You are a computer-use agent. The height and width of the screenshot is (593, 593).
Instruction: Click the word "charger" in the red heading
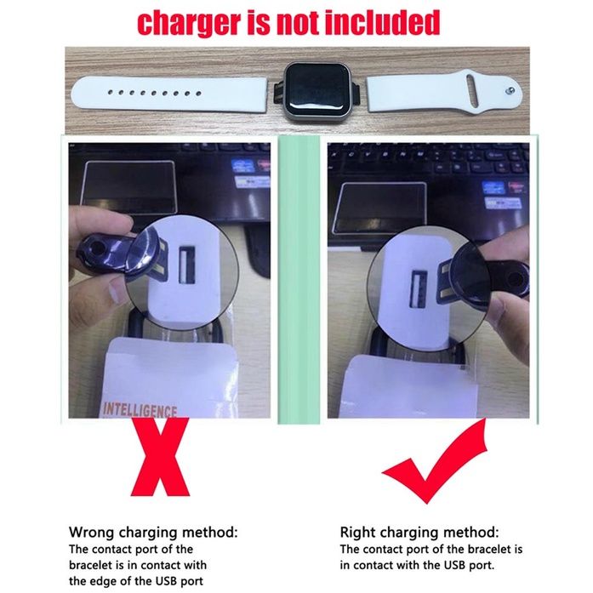[188, 23]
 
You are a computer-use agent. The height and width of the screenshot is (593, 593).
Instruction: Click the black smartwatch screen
[317, 91]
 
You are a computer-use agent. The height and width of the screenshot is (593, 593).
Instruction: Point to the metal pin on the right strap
[511, 90]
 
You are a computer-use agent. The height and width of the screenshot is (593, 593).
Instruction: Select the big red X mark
[161, 457]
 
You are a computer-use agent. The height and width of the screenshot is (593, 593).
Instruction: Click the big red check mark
[435, 462]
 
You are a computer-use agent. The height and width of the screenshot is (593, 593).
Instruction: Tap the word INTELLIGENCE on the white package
[140, 410]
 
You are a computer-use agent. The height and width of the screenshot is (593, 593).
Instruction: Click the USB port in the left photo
[186, 265]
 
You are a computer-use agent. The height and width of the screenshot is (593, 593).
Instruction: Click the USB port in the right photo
[419, 289]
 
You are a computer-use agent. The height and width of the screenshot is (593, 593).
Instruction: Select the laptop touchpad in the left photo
[129, 188]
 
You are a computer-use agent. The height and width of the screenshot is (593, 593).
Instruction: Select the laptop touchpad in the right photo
[380, 208]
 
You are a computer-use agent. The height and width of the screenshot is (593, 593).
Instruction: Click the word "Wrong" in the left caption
[92, 532]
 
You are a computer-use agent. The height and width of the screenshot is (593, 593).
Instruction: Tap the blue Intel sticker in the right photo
[493, 188]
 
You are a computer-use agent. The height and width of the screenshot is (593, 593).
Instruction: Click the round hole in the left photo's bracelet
[97, 249]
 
